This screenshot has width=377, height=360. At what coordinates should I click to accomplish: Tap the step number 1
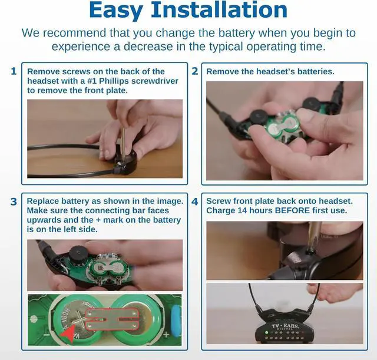point(13,71)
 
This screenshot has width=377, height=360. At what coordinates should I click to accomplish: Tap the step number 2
point(194,71)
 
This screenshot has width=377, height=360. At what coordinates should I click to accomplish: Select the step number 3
point(13,202)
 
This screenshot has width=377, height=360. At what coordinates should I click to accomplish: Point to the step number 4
point(194,202)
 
